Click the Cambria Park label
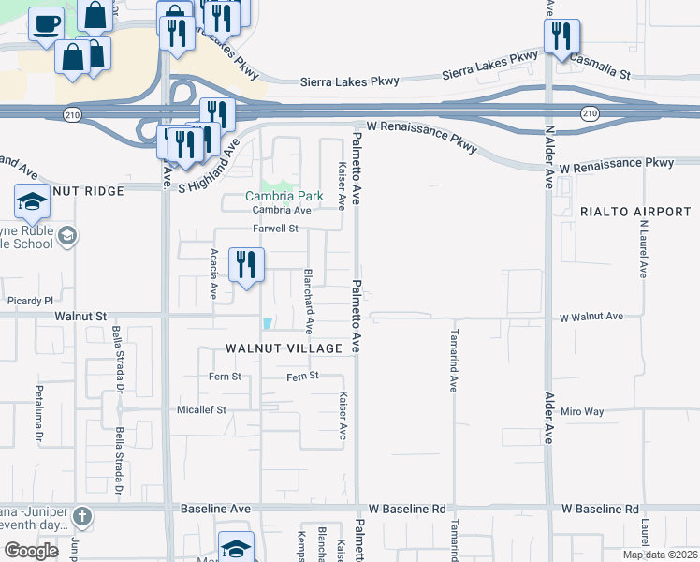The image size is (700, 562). coord(284,197)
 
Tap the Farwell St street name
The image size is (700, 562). coord(274,229)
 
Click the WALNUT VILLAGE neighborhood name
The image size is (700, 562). coord(284,348)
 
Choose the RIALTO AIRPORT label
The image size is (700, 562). coord(634,212)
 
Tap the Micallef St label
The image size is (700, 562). coord(202,410)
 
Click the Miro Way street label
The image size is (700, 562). coord(583,411)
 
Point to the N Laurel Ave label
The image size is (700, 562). coord(644,249)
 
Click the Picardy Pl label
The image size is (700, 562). coord(31,301)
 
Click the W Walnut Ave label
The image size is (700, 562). coord(591,318)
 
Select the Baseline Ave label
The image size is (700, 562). coord(215,509)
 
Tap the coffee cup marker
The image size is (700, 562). coord(46,25)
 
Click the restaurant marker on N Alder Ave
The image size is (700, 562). coord(561,37)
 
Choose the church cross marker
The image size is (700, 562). coord(82,517)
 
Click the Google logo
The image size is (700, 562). coord(31,551)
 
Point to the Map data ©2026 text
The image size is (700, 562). coord(659,555)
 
